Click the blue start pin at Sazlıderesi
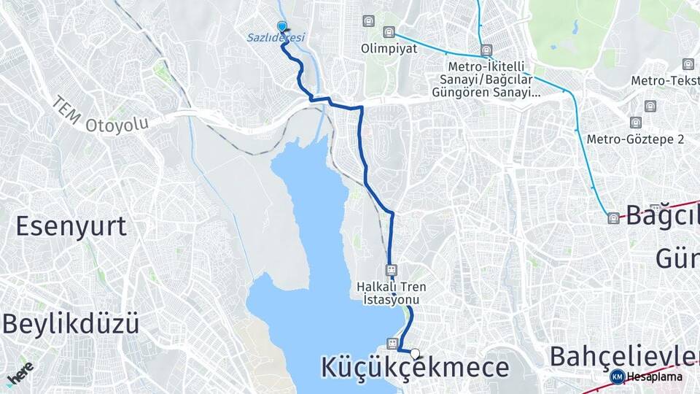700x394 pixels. (282, 26)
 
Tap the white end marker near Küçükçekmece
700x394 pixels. (415, 354)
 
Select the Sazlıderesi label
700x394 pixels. (276, 37)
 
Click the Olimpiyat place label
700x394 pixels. (389, 48)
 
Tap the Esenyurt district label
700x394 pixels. (71, 226)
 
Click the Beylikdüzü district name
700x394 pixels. (71, 323)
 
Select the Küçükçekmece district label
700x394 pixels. (415, 368)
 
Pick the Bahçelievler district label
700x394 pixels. (623, 356)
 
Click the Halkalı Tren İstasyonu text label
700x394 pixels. (392, 293)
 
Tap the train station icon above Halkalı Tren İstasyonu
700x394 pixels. (392, 269)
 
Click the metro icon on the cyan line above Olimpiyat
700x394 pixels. (389, 32)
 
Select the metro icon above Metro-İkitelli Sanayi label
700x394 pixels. (486, 50)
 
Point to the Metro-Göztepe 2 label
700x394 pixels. (635, 139)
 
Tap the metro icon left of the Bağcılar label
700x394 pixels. (614, 218)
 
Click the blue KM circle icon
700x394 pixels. (617, 376)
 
